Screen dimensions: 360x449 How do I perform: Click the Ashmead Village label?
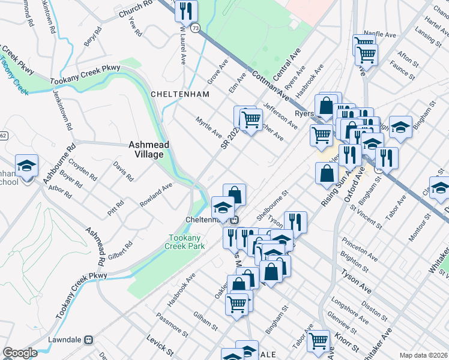pos(146,149)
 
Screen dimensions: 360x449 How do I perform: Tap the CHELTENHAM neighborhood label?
pos(179,94)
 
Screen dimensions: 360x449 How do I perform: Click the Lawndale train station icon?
pos(89,339)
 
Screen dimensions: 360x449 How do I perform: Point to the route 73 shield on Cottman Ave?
pos(196,28)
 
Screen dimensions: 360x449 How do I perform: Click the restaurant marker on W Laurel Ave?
pos(186,10)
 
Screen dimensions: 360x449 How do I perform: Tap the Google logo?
pos(20,353)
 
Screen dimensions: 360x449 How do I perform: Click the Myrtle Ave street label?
pos(209,125)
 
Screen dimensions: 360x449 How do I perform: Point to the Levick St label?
pos(160,346)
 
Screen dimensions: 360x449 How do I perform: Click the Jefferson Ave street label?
pos(280,116)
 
